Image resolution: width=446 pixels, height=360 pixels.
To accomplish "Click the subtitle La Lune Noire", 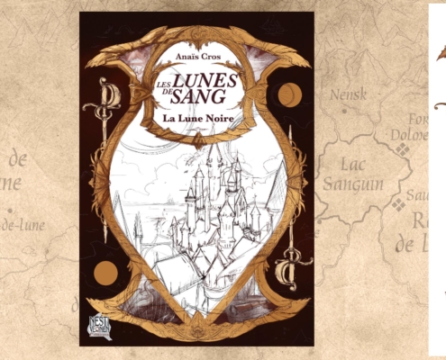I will [197, 117].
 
